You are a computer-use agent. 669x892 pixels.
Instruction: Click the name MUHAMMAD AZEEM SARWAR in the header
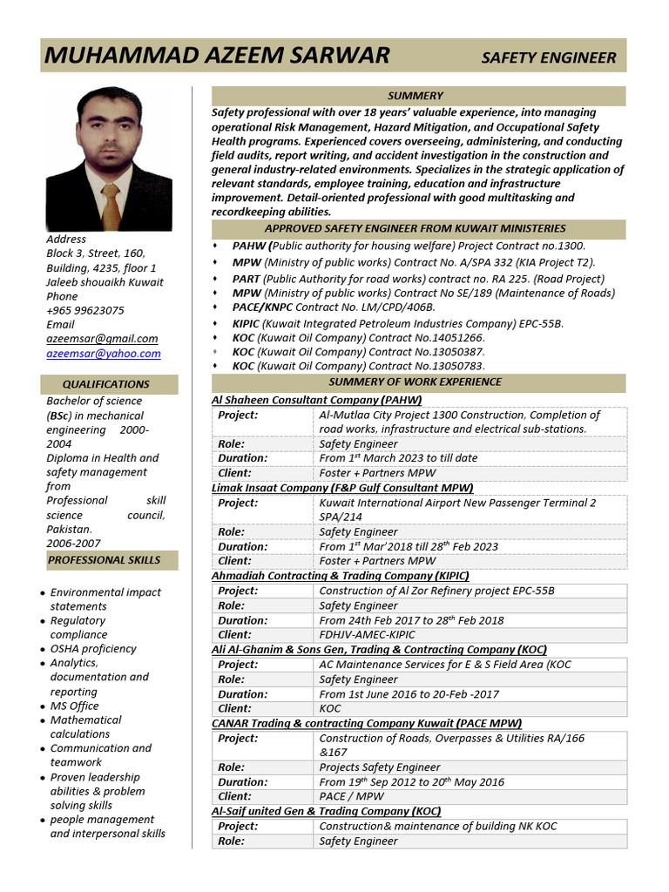pyautogui.click(x=217, y=57)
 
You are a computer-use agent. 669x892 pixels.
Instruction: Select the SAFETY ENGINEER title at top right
pyautogui.click(x=549, y=58)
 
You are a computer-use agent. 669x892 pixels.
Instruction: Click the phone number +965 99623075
pyautogui.click(x=85, y=310)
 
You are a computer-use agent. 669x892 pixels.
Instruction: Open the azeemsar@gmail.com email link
pyautogui.click(x=102, y=339)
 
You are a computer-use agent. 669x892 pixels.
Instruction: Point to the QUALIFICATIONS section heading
pyautogui.click(x=106, y=384)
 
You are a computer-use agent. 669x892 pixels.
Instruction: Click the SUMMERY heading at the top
pyautogui.click(x=416, y=96)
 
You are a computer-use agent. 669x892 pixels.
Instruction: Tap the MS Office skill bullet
pyautogui.click(x=74, y=706)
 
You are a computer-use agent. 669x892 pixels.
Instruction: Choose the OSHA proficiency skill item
pyautogui.click(x=93, y=649)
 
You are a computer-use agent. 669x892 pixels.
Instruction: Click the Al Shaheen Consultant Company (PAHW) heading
pyautogui.click(x=316, y=400)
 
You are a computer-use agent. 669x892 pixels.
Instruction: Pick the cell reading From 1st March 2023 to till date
pyautogui.click(x=398, y=458)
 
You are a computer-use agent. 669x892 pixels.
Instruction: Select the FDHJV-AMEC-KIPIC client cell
pyautogui.click(x=367, y=635)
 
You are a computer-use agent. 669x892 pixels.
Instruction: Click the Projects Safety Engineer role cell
pyautogui.click(x=380, y=767)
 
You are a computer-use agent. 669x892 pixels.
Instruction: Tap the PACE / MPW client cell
pyautogui.click(x=352, y=796)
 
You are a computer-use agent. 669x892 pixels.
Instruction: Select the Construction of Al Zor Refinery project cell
pyautogui.click(x=436, y=591)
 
